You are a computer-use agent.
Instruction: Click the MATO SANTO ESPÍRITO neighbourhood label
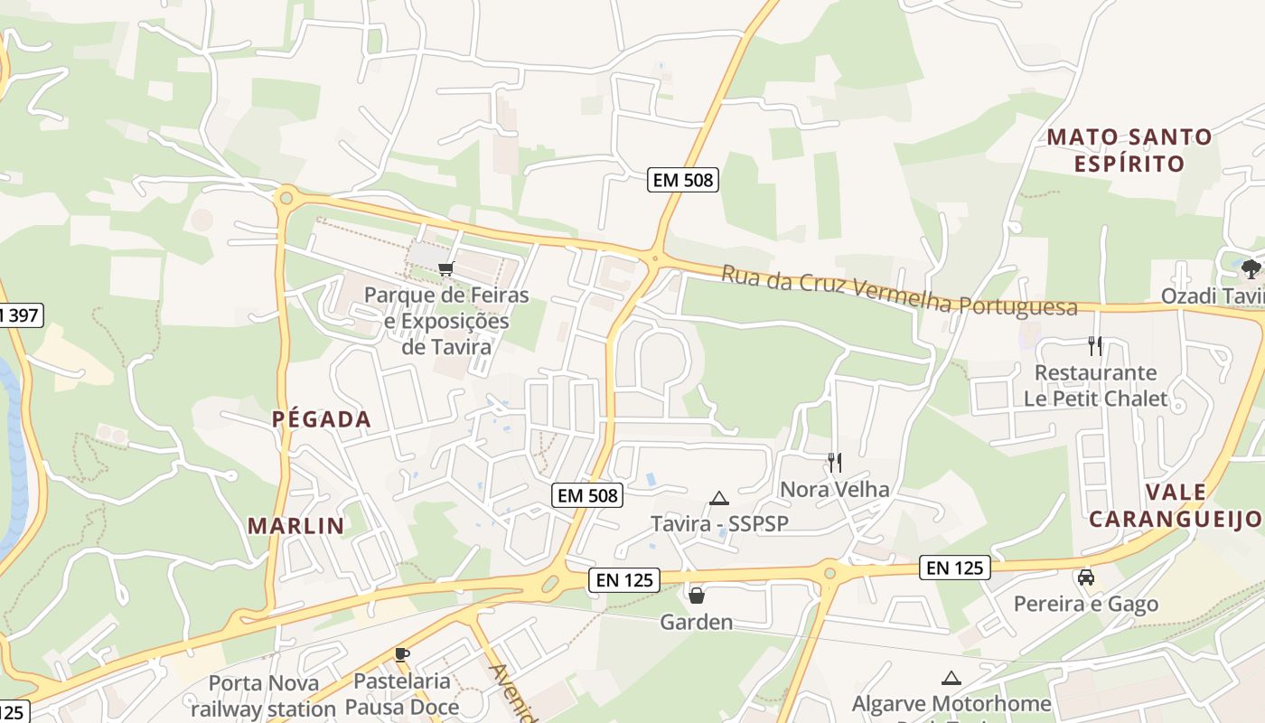(x=1129, y=150)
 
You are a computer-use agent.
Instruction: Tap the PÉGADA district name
(x=322, y=419)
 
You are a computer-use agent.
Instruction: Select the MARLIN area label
(x=295, y=526)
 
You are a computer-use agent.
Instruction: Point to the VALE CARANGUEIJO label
(x=1175, y=505)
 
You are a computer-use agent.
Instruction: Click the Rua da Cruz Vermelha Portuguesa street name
(x=899, y=290)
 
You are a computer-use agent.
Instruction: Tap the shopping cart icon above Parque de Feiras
(x=445, y=268)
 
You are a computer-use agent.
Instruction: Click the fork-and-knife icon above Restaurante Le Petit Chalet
(x=1095, y=345)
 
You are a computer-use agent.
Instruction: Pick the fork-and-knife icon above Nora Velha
(x=835, y=463)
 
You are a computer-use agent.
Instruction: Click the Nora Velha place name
(x=835, y=490)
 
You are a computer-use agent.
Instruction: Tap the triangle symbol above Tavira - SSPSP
(x=719, y=498)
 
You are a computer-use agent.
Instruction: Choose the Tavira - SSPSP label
(x=719, y=524)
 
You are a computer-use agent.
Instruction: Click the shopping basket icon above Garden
(x=697, y=596)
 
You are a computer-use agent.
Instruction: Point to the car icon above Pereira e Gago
(x=1086, y=577)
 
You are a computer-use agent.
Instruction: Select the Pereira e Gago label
(x=1086, y=605)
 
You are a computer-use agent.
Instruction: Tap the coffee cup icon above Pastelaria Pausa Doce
(x=402, y=654)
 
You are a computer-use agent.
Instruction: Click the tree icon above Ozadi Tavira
(x=1251, y=268)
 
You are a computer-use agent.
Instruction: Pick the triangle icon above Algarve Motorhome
(x=951, y=678)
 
